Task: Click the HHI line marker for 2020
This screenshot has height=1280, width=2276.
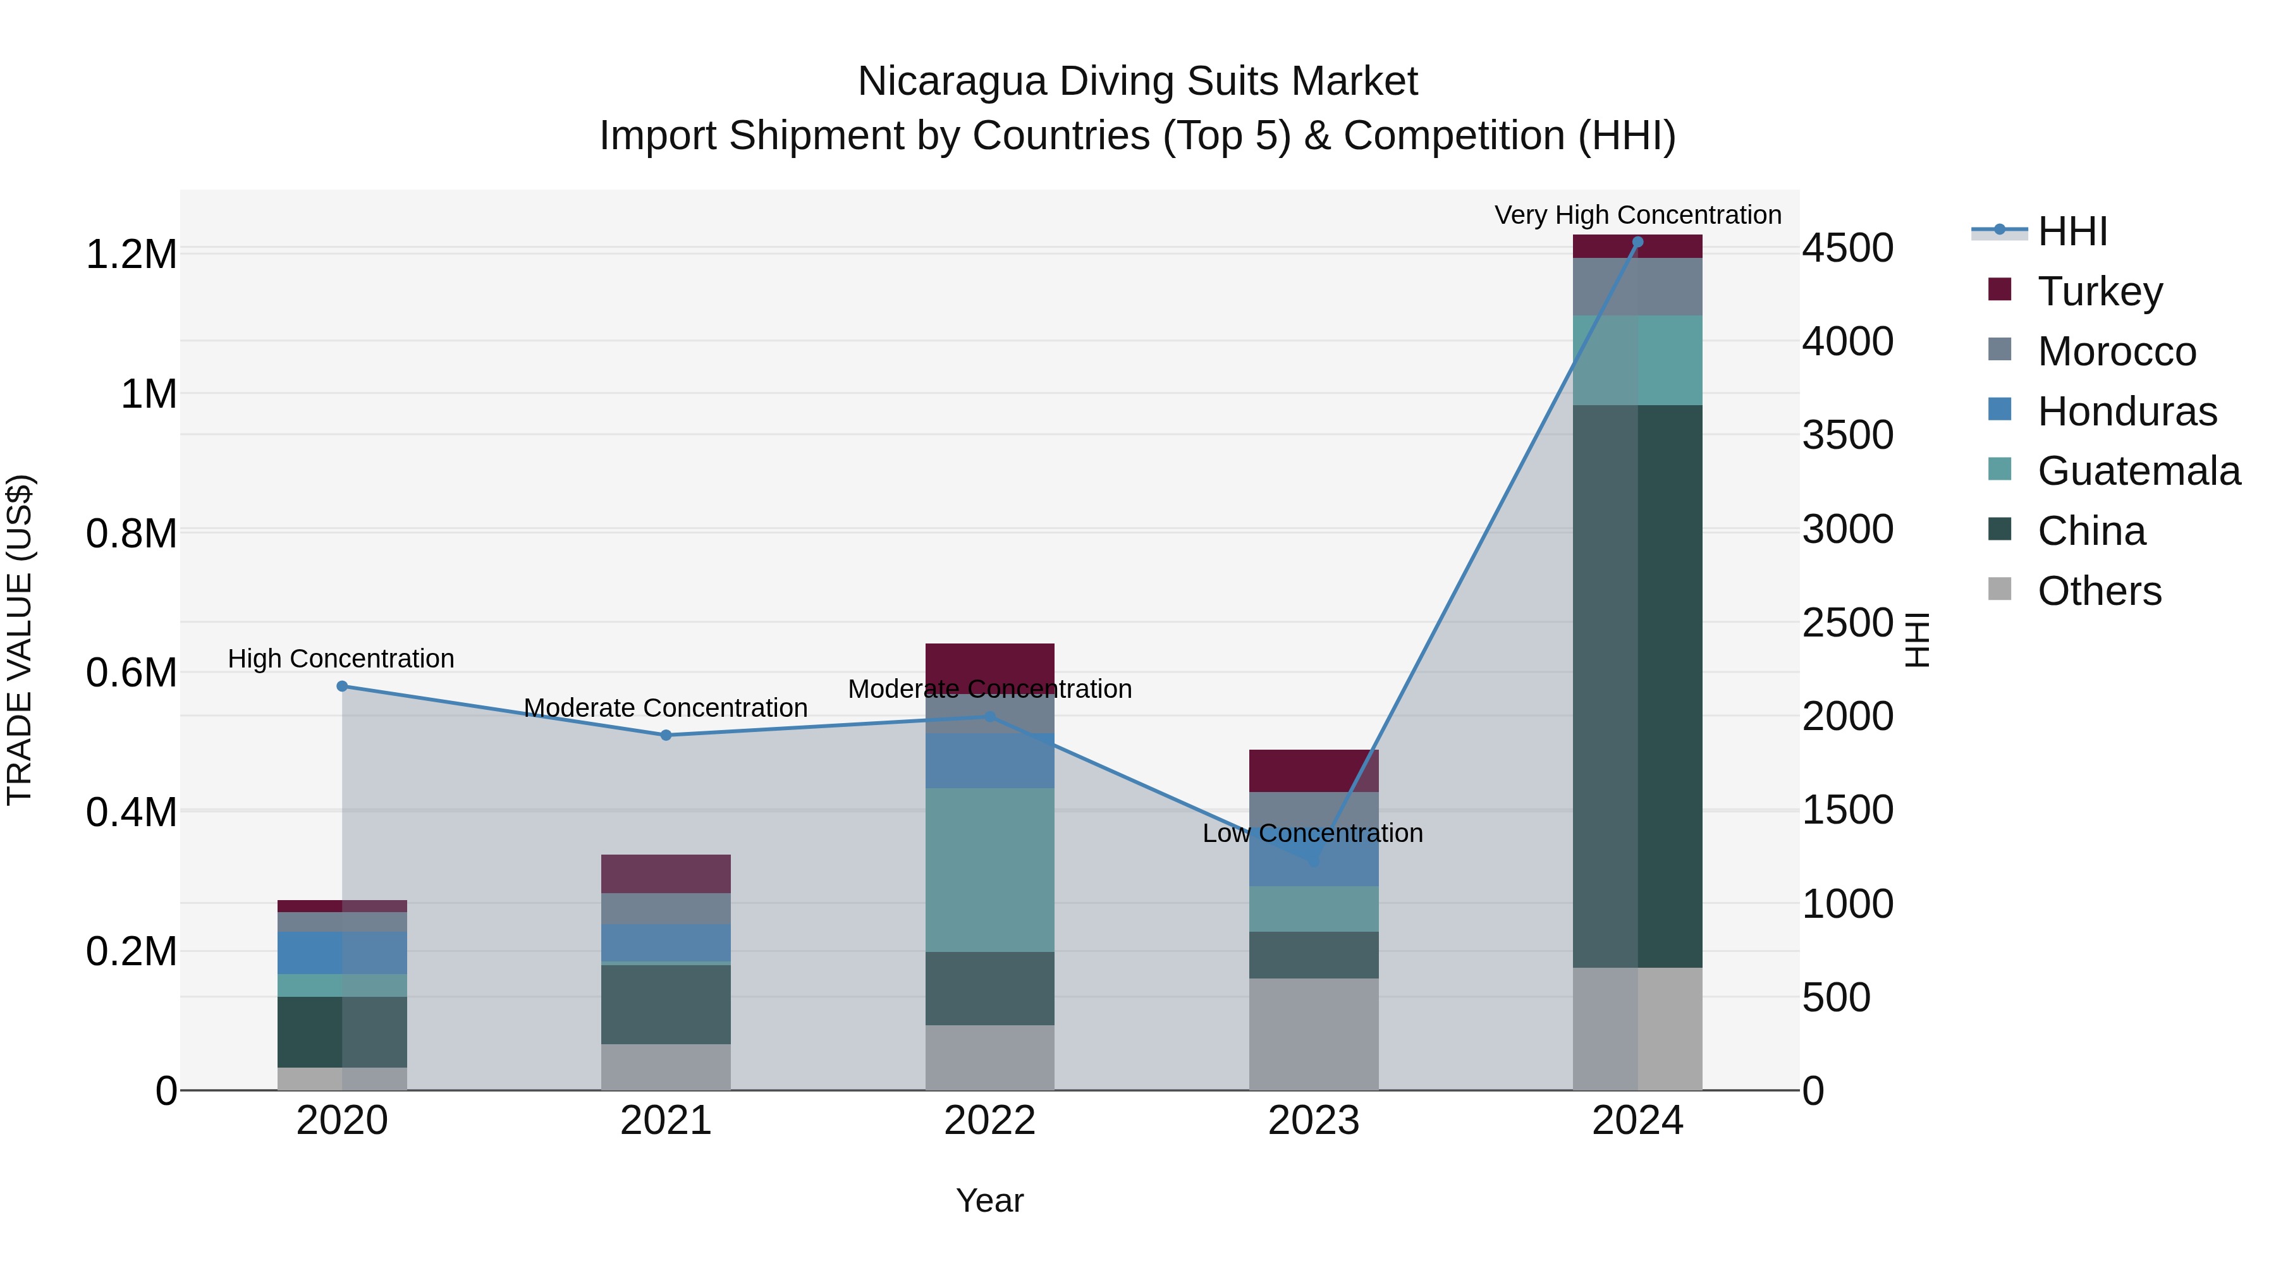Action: pyautogui.click(x=342, y=686)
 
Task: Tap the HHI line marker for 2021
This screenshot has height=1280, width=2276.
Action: pyautogui.click(x=666, y=735)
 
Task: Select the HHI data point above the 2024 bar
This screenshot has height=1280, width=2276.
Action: pyautogui.click(x=1637, y=242)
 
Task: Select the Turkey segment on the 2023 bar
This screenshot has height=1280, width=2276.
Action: pyautogui.click(x=1314, y=771)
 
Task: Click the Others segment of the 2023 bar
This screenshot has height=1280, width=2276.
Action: pyautogui.click(x=1314, y=1033)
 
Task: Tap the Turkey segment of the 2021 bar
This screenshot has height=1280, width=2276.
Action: pyautogui.click(x=666, y=874)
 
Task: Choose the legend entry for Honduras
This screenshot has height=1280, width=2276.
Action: pyautogui.click(x=2127, y=411)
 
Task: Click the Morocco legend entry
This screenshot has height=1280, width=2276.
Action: pyautogui.click(x=2116, y=351)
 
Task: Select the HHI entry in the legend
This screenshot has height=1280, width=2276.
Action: pyautogui.click(x=2072, y=231)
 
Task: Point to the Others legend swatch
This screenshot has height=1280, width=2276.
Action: pyautogui.click(x=2000, y=589)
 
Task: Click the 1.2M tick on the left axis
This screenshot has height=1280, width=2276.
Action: pyautogui.click(x=131, y=254)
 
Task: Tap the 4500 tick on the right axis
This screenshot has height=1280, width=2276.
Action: pyautogui.click(x=1847, y=248)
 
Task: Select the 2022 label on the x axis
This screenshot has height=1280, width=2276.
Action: pyautogui.click(x=989, y=1121)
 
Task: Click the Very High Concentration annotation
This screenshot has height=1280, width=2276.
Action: pyautogui.click(x=1637, y=215)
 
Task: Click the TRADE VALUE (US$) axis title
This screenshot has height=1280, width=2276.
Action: pyautogui.click(x=20, y=640)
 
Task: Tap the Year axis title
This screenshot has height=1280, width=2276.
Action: pyautogui.click(x=989, y=1200)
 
